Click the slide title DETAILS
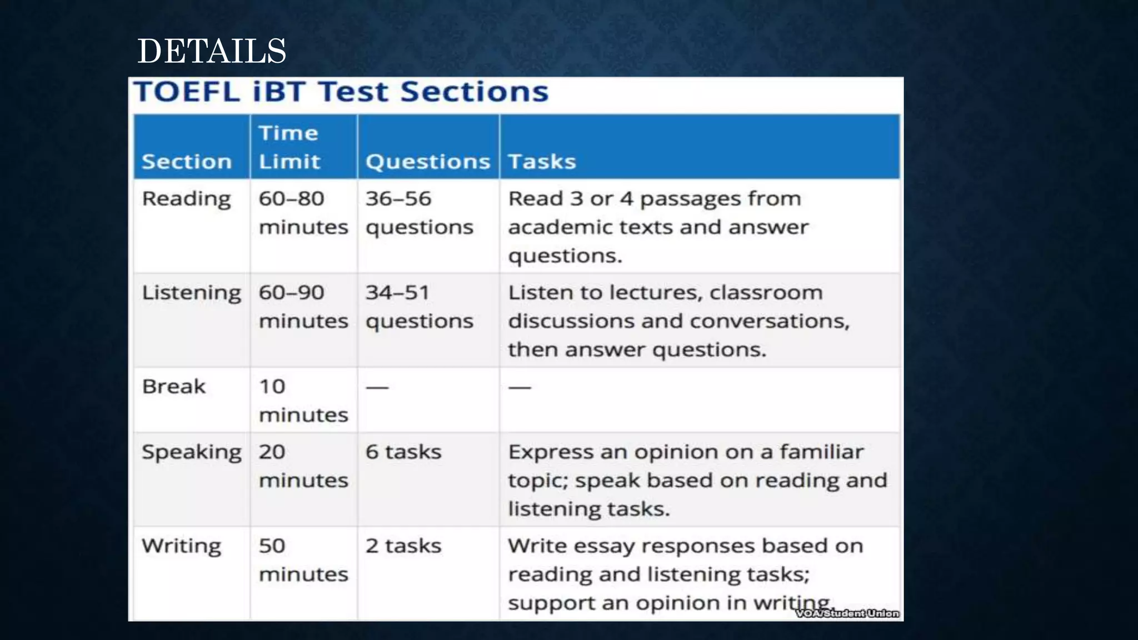click(212, 51)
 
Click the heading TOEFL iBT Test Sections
click(341, 92)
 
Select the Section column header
click(187, 162)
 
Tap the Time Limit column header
click(290, 147)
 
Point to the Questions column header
click(428, 162)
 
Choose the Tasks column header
click(542, 162)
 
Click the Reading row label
click(186, 199)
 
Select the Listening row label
click(192, 293)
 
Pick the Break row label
click(174, 387)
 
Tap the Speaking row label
click(192, 452)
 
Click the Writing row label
click(182, 546)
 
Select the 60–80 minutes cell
click(303, 213)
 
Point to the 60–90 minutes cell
click(303, 307)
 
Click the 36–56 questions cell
click(420, 213)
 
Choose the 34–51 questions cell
click(420, 307)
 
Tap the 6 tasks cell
click(403, 452)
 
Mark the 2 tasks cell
click(403, 546)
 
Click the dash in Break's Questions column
click(377, 387)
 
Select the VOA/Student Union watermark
click(847, 613)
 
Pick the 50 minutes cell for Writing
click(303, 560)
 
